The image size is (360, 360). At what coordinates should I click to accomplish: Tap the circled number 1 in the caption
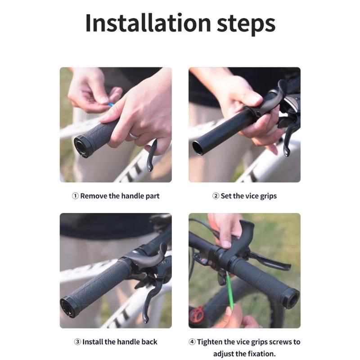tap(75, 196)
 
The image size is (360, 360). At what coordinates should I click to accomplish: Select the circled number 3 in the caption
tap(77, 342)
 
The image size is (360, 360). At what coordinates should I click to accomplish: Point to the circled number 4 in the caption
tap(192, 342)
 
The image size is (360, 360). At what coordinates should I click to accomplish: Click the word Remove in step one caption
tap(94, 196)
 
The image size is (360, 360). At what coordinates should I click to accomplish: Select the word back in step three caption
tap(148, 342)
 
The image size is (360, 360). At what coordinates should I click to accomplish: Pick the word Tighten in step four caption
tap(211, 342)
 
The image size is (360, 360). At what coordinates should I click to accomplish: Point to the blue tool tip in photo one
tap(111, 104)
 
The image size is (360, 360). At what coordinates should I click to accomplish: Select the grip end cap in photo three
tap(70, 306)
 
